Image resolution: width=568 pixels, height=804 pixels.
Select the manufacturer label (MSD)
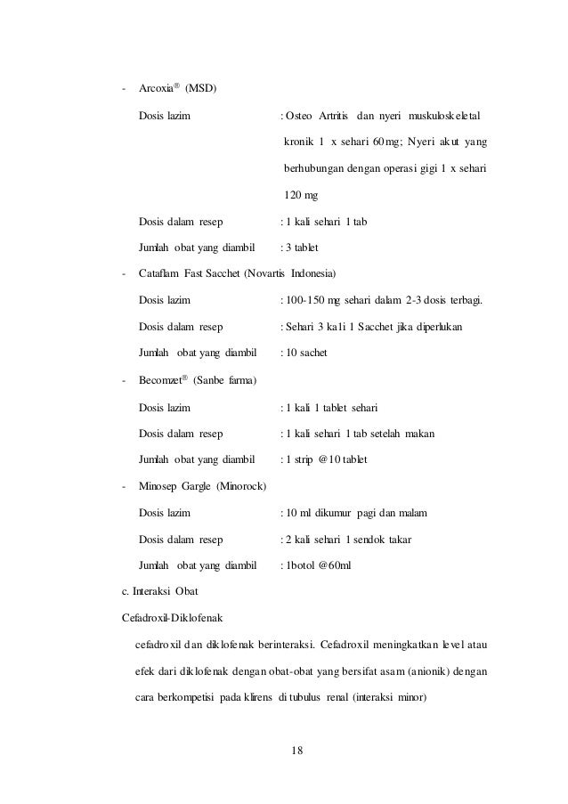click(200, 88)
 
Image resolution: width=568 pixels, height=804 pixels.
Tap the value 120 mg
click(301, 195)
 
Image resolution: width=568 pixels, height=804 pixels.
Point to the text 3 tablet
click(304, 248)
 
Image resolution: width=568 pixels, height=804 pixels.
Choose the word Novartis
click(276, 273)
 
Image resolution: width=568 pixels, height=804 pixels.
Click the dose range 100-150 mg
click(313, 300)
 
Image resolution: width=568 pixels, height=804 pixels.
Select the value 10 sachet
click(306, 353)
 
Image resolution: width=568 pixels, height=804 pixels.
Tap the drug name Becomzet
click(159, 380)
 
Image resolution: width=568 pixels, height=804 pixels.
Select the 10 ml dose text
click(297, 513)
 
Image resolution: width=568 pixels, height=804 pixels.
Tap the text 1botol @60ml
click(317, 565)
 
